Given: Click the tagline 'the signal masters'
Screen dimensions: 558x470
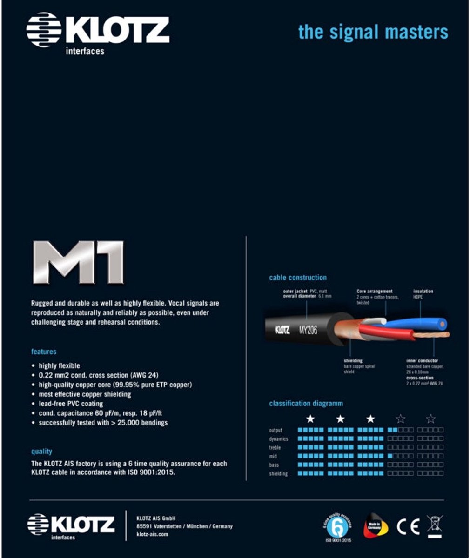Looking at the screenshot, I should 373,32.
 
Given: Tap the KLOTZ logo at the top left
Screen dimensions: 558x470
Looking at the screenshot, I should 97,33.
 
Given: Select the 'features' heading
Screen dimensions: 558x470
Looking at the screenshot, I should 44,352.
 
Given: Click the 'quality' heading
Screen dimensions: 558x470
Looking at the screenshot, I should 42,451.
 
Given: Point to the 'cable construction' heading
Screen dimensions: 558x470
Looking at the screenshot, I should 298,278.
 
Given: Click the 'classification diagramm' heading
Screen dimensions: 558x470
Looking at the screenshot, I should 306,404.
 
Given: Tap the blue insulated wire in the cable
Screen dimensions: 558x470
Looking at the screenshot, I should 419,324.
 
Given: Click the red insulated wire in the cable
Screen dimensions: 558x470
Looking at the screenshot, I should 386,332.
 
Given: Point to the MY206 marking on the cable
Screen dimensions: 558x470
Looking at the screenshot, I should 308,330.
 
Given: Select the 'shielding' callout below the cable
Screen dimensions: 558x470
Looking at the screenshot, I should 353,360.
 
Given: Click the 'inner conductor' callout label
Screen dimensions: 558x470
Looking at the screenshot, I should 422,360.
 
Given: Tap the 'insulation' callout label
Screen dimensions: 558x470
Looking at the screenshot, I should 423,292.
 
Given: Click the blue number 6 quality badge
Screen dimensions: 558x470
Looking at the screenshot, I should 337,527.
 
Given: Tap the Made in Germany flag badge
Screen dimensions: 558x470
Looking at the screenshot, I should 375,526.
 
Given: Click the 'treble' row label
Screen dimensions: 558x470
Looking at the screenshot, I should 275,447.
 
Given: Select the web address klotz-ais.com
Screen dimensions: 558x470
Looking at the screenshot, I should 152,534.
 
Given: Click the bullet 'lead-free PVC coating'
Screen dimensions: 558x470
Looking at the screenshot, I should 71,404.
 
